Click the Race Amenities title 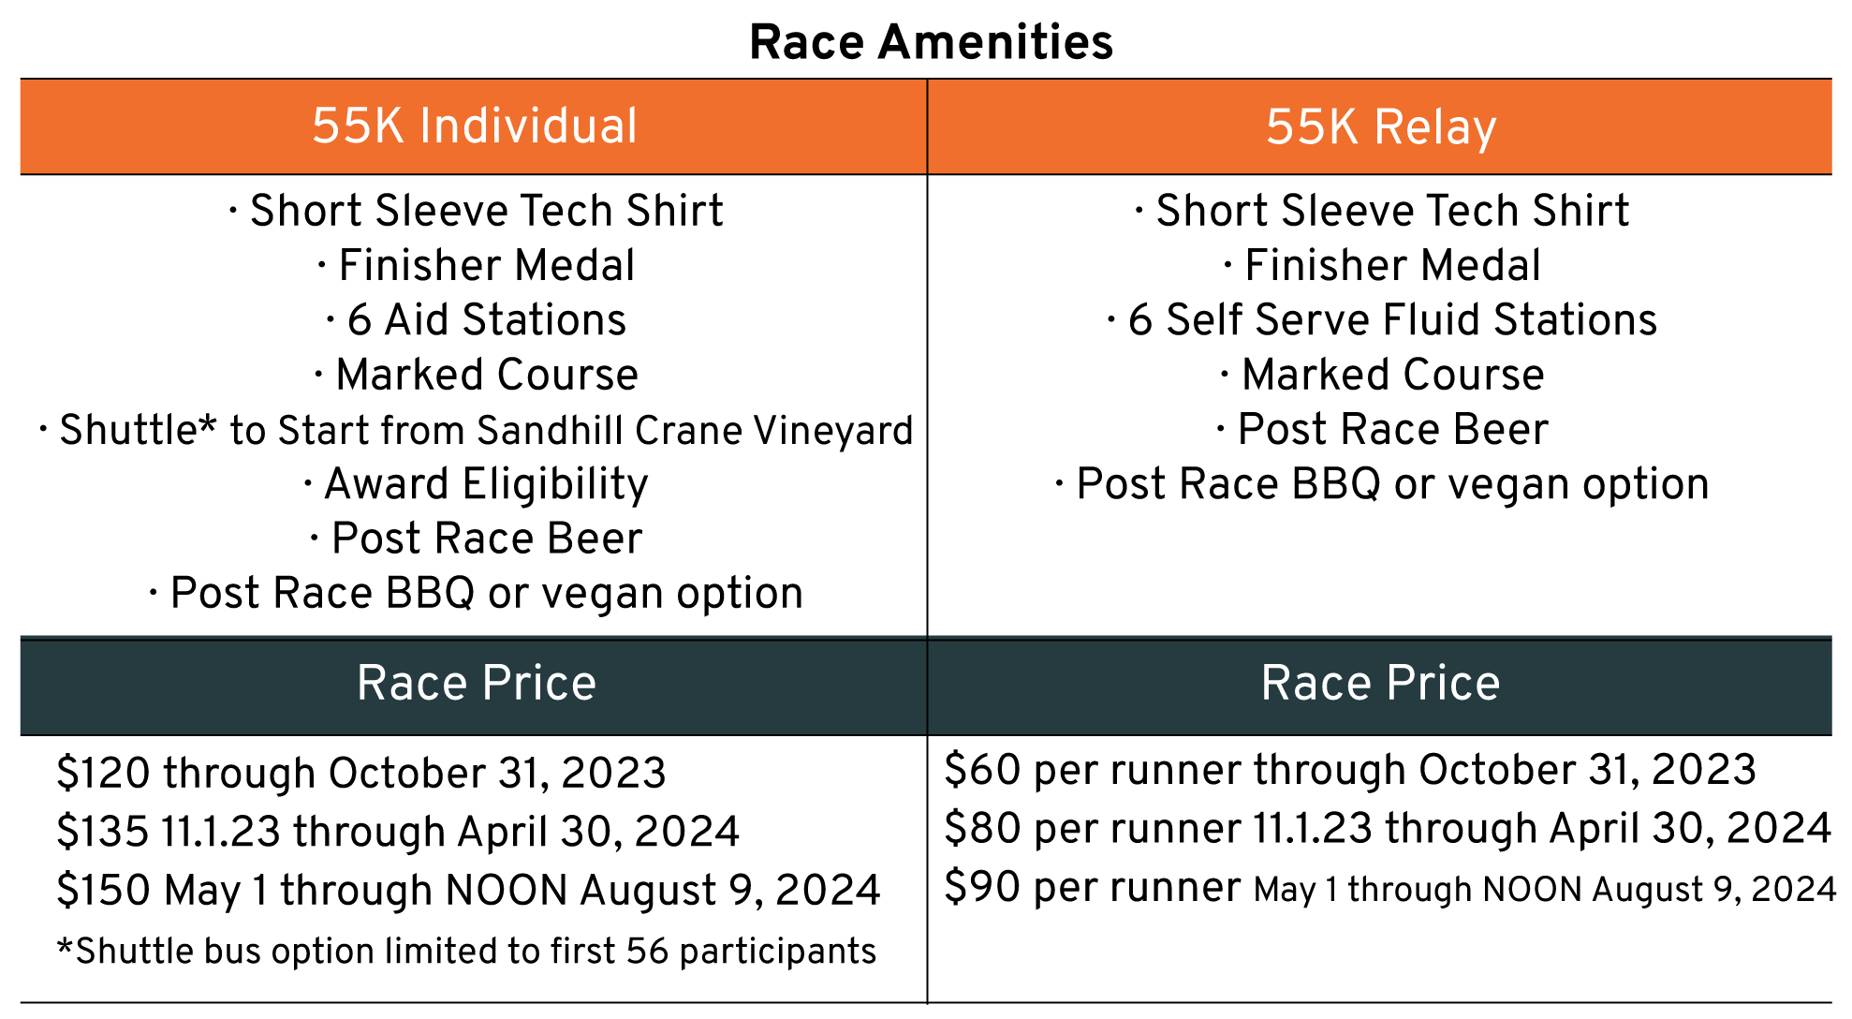point(932,43)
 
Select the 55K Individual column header point(475,126)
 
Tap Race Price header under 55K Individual point(477,683)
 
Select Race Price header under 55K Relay point(1381,683)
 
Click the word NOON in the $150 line point(507,891)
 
